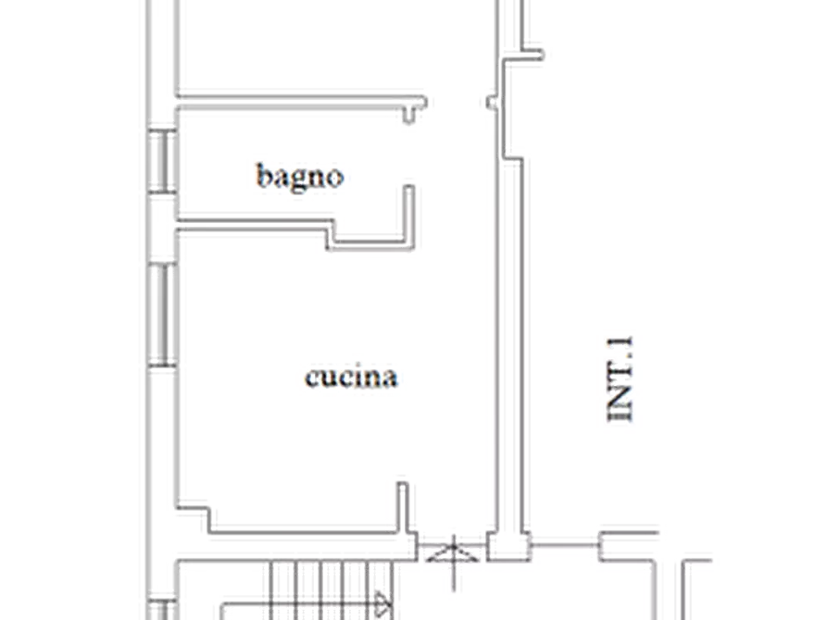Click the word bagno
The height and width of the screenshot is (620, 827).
click(299, 177)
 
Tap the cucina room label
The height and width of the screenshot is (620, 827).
click(351, 377)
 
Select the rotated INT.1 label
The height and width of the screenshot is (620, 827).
click(620, 378)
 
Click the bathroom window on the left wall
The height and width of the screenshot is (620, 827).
click(162, 161)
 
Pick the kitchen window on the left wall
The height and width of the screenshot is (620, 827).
click(162, 315)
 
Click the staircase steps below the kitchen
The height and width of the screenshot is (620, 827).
click(331, 590)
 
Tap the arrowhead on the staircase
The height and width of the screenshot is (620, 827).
click(382, 604)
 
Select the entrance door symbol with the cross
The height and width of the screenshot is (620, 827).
click(453, 558)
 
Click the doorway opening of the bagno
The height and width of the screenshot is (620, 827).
click(409, 154)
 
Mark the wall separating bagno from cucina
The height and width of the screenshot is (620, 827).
click(253, 225)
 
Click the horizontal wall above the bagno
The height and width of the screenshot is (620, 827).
click(301, 103)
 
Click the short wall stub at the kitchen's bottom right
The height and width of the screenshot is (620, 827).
click(404, 507)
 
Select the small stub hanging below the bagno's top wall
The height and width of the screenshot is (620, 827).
click(409, 116)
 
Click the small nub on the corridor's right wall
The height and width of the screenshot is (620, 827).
click(492, 103)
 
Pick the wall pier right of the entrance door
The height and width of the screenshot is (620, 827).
click(508, 546)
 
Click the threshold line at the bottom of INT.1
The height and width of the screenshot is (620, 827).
click(565, 545)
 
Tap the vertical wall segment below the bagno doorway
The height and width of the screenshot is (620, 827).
click(409, 217)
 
